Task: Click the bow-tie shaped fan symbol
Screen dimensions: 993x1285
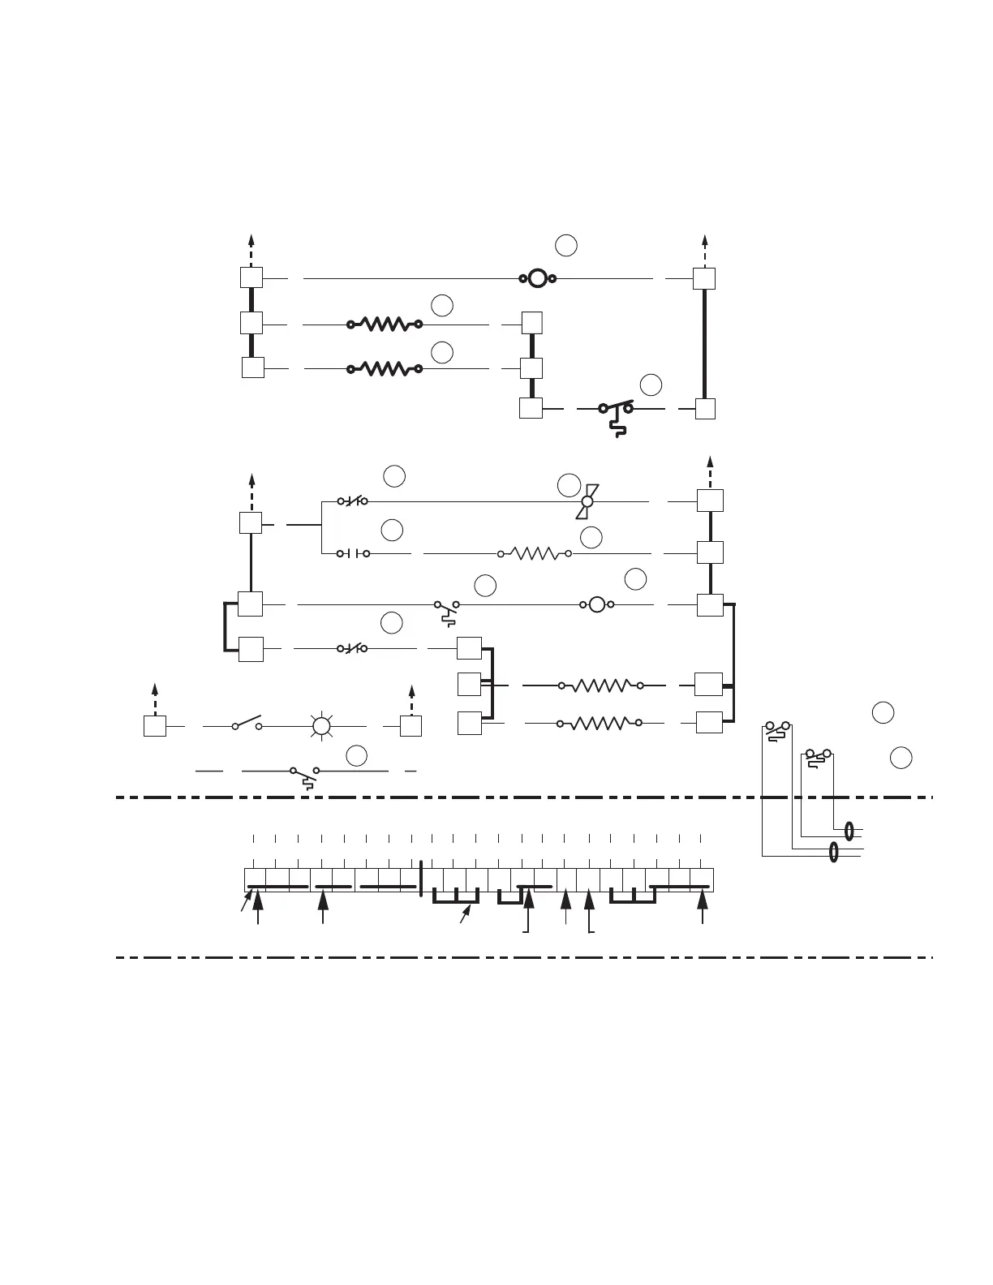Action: (x=587, y=501)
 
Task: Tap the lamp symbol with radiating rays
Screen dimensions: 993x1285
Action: (x=322, y=726)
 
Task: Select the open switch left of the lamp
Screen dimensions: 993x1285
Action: (x=247, y=724)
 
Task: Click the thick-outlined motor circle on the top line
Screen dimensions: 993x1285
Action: (x=537, y=279)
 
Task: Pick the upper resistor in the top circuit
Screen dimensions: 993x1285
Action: (x=385, y=324)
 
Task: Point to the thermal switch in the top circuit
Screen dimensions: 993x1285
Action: (x=616, y=414)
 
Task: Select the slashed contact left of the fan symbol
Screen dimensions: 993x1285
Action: (x=353, y=501)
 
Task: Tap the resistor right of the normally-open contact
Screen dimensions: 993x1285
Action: (x=534, y=554)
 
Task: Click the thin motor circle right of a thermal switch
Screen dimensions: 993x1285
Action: (x=596, y=604)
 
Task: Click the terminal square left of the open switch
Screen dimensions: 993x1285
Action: (x=155, y=726)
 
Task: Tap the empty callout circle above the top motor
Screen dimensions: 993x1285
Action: (x=566, y=245)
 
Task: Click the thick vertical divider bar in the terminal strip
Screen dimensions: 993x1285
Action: (x=422, y=880)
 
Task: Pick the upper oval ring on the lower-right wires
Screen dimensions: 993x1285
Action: (x=849, y=831)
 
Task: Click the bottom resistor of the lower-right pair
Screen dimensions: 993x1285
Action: (x=601, y=722)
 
